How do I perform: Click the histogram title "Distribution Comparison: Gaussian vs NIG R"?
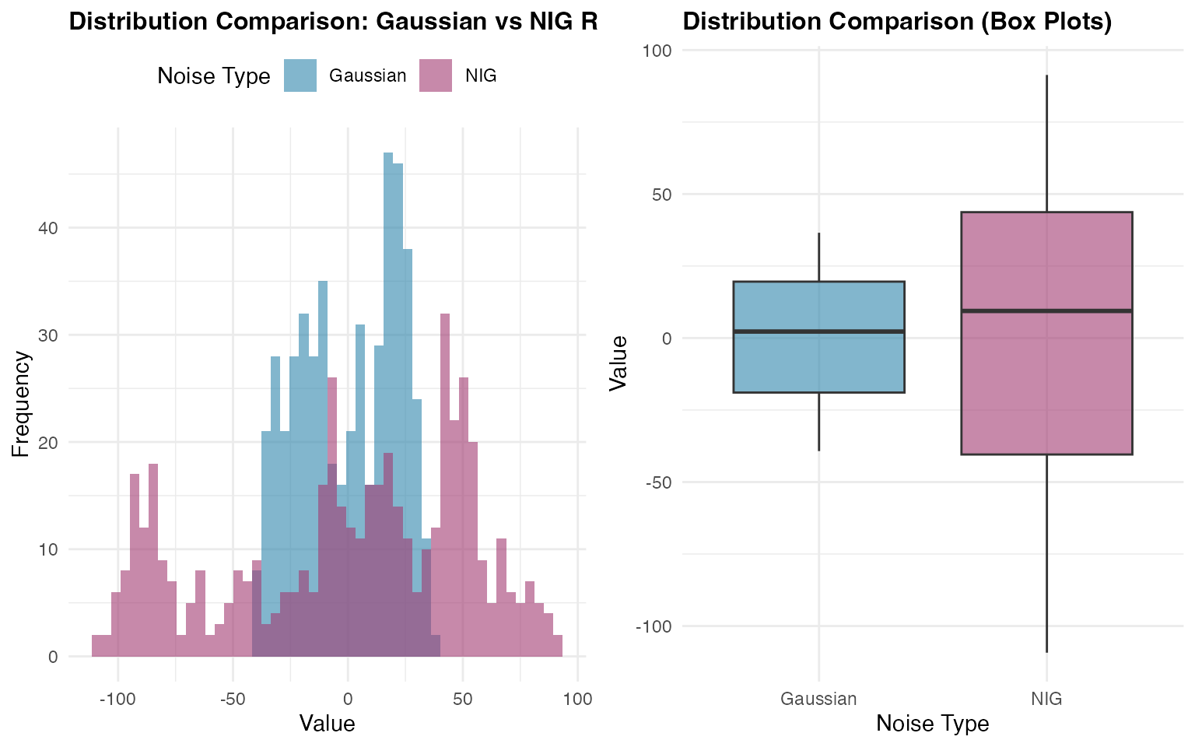333,22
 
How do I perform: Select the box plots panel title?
897,22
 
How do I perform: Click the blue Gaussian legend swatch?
300,75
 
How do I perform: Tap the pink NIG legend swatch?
436,75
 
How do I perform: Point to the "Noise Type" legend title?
213,76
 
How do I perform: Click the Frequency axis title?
21,404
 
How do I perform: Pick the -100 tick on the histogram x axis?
117,699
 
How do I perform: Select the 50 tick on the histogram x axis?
463,699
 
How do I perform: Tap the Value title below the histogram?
327,724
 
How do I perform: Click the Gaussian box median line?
818,331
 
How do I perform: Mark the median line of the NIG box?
1046,310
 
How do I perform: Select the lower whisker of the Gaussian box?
818,421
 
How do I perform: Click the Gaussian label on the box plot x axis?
818,699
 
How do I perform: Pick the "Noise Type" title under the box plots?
932,724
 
